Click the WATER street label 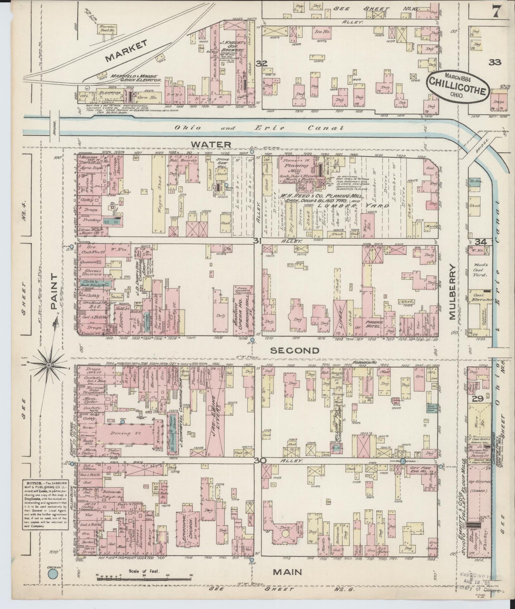click(211, 144)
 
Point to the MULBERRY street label click(453, 292)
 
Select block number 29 click(477, 399)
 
